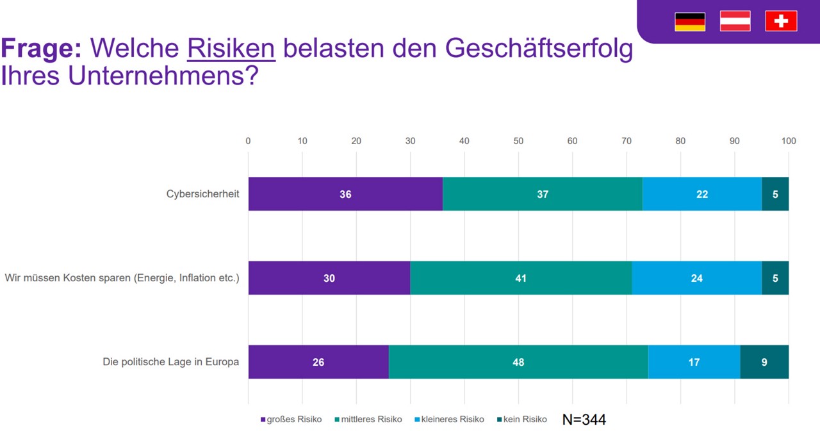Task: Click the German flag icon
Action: coord(689,21)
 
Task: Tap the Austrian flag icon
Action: coord(735,21)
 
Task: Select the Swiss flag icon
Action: coord(781,21)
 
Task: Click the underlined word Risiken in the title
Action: coord(231,49)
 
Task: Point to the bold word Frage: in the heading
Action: coord(41,49)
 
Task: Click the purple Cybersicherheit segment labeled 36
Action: coord(345,194)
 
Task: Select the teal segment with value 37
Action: coord(543,194)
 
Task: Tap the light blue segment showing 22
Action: coord(702,194)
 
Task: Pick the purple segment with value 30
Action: coord(329,278)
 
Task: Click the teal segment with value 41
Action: coord(521,278)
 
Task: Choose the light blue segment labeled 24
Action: coord(696,278)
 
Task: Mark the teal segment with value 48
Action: coord(518,362)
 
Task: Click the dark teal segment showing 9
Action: coord(764,362)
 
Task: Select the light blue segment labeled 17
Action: coord(694,362)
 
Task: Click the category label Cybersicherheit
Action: coord(202,194)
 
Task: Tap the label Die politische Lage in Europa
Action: coord(170,362)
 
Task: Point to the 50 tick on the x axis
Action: coord(518,141)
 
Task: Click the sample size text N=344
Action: coord(584,420)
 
